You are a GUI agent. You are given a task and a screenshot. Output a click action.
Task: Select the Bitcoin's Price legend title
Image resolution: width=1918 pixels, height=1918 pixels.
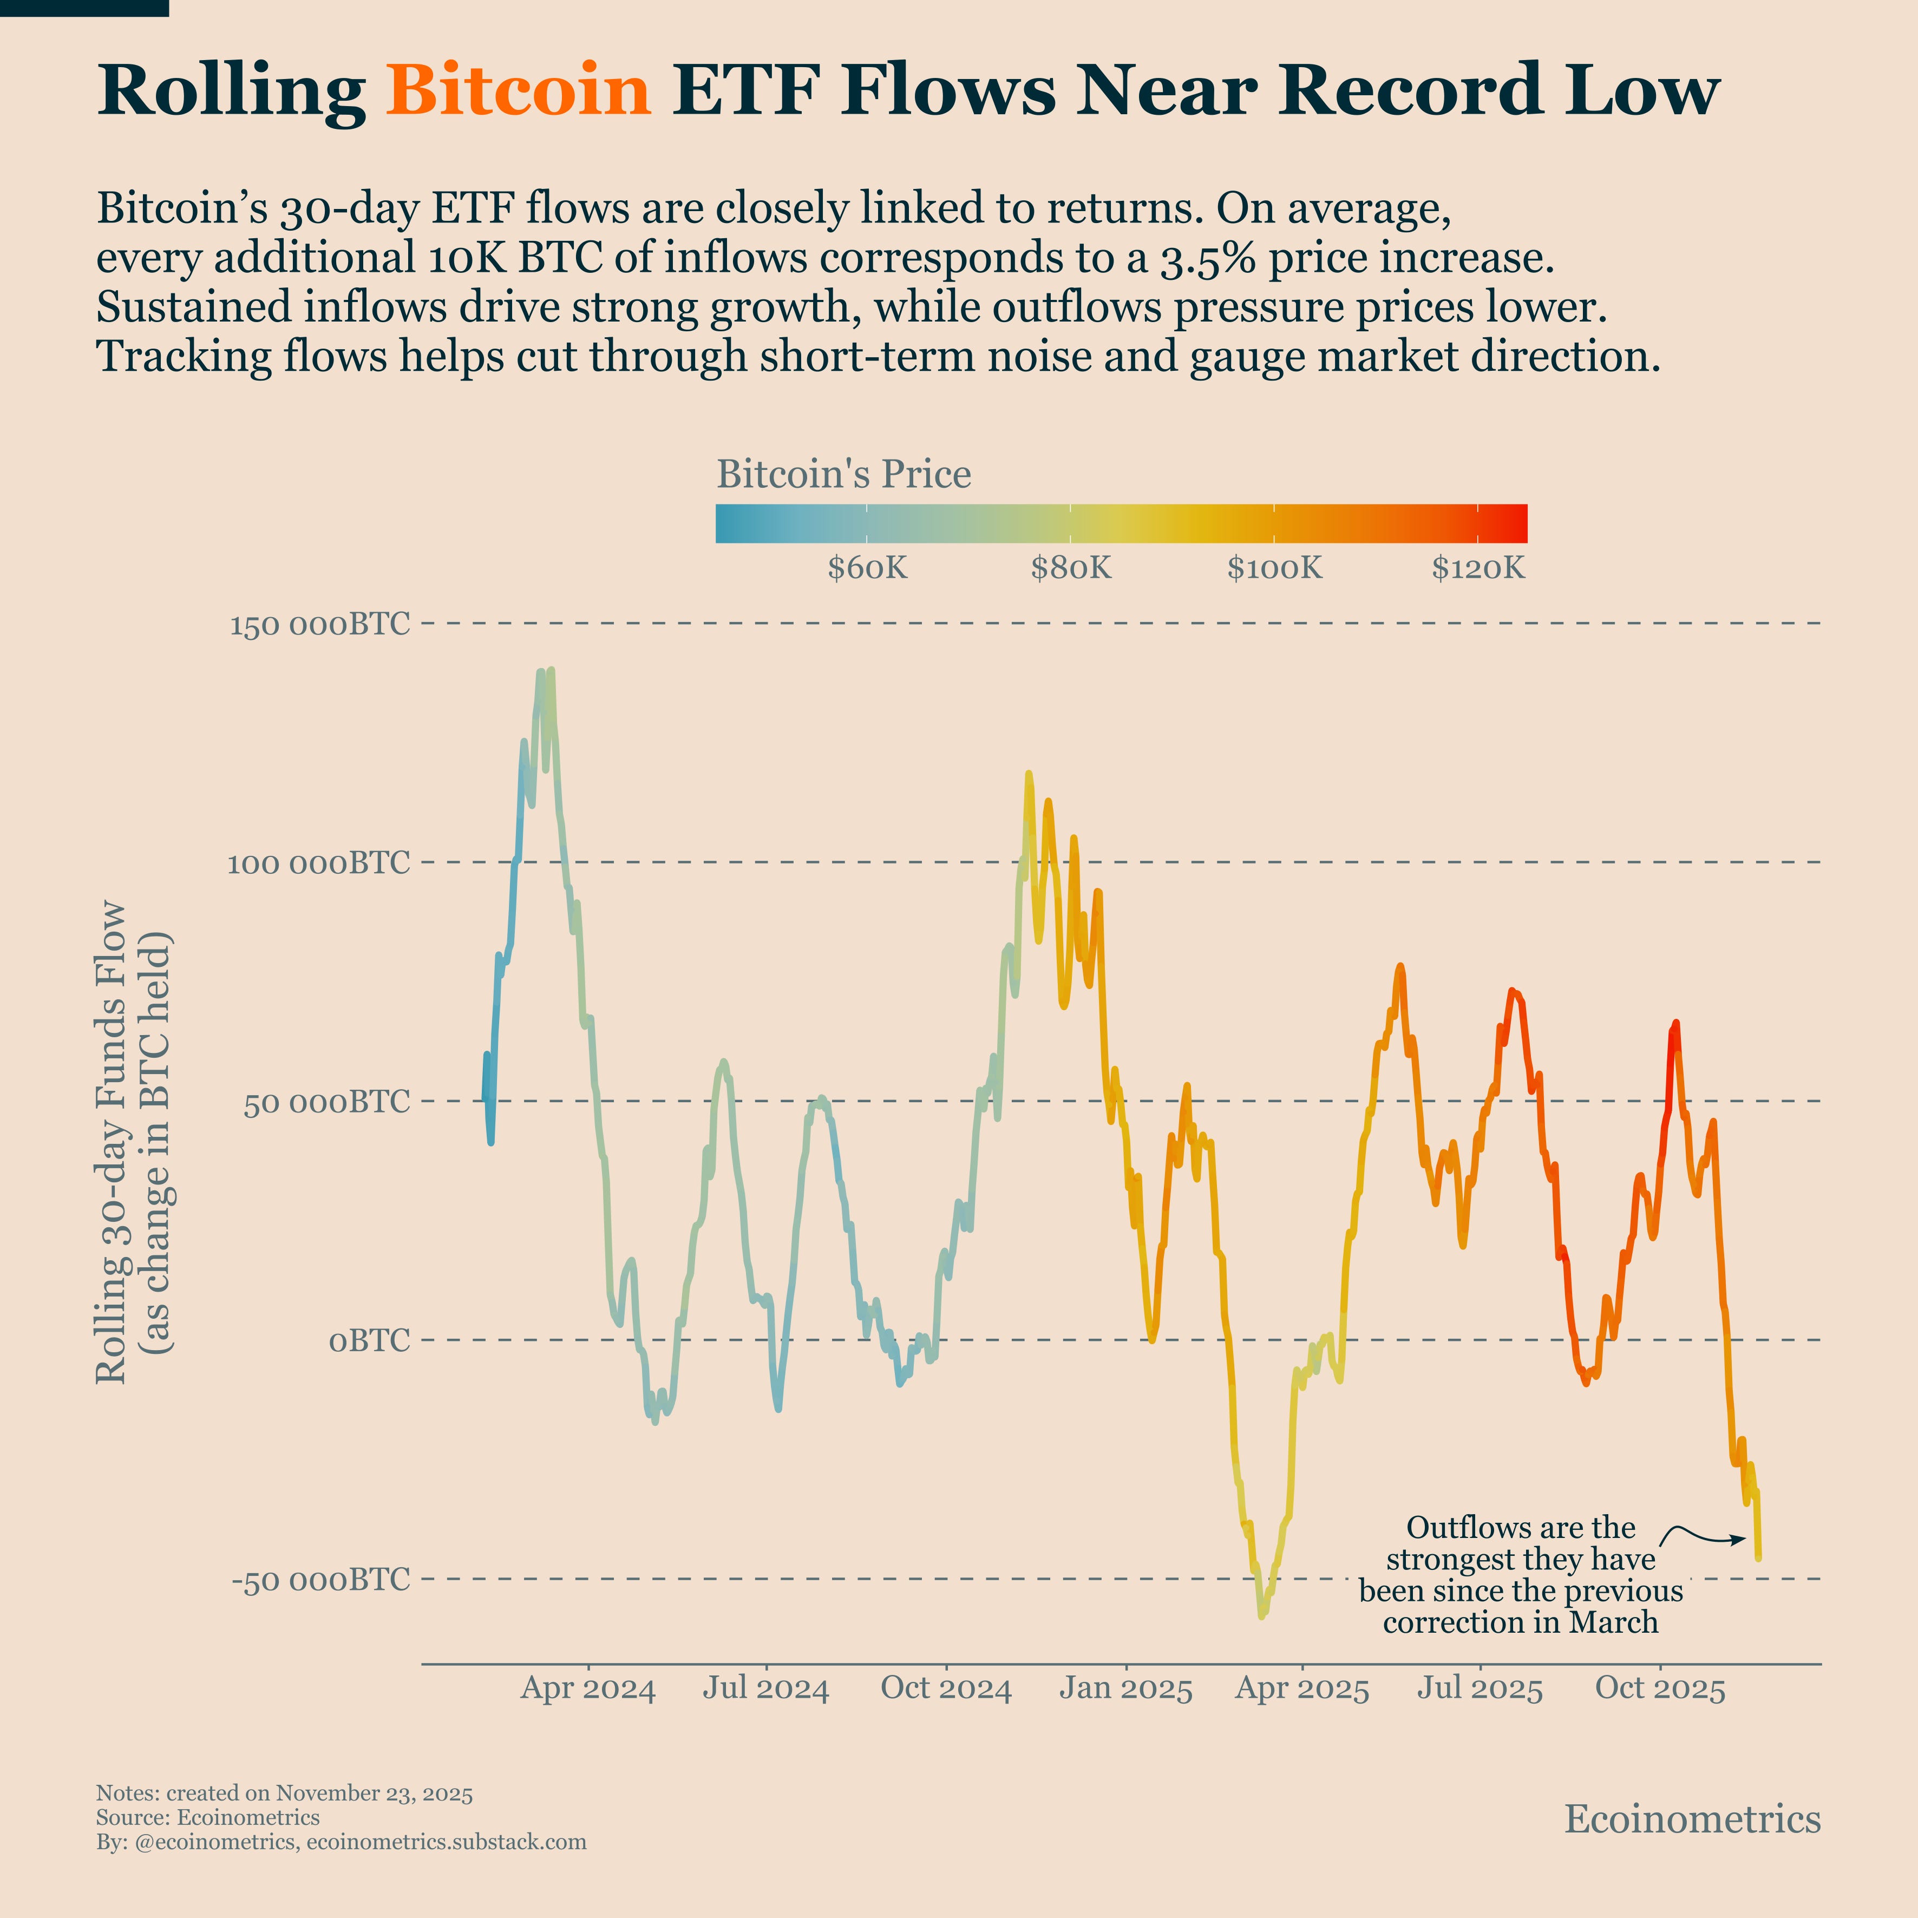coord(844,475)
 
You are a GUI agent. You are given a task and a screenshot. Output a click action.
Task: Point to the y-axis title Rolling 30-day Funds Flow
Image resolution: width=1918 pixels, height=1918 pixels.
coord(111,1142)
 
